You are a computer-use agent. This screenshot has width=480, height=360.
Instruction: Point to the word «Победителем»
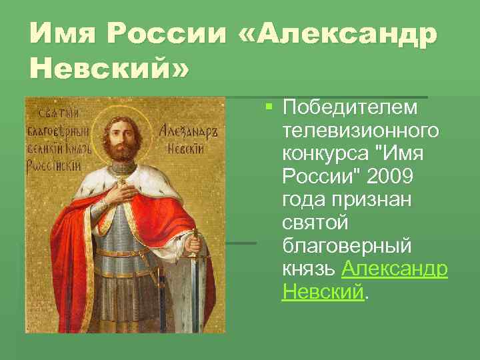(x=350, y=107)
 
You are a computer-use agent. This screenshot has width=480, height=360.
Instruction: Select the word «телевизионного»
(x=361, y=131)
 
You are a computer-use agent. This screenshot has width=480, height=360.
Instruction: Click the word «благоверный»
(x=347, y=246)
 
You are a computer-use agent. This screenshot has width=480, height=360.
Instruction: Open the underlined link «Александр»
(x=395, y=269)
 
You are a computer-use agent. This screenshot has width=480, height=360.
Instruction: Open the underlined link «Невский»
(x=323, y=292)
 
